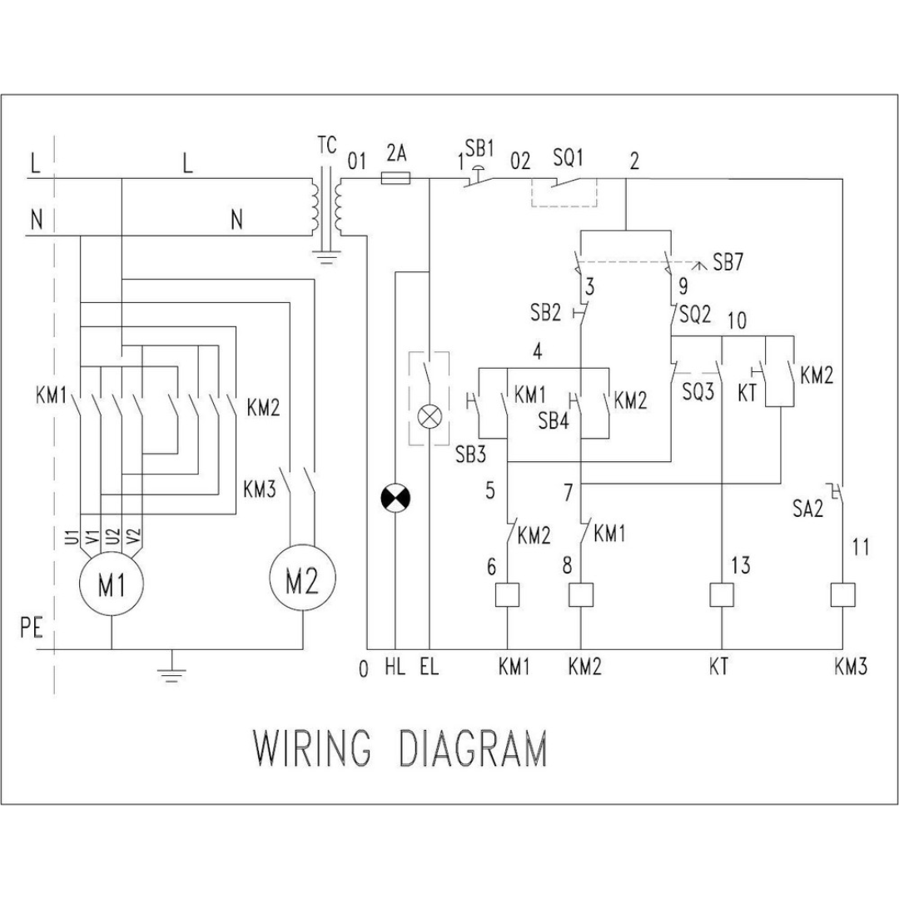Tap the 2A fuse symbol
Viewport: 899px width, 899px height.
[395, 178]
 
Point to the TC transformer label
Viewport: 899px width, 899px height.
[327, 145]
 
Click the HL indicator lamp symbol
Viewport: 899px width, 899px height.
[395, 499]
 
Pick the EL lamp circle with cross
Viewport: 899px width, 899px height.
[430, 417]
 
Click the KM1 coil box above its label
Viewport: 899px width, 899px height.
[507, 595]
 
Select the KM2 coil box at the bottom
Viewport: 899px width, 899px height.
[581, 595]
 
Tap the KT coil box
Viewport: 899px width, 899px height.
[722, 595]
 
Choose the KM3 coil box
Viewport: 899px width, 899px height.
[842, 595]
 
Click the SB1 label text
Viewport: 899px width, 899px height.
[479, 148]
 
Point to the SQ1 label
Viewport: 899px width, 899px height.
[569, 157]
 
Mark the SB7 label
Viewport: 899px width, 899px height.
[728, 262]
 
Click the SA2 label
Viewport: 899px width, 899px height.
[807, 508]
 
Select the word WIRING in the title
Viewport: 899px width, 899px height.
[312, 748]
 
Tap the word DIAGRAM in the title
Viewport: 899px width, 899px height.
[473, 748]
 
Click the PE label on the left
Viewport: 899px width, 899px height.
[32, 628]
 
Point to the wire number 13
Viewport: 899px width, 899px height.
[741, 565]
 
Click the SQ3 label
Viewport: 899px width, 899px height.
[698, 391]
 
